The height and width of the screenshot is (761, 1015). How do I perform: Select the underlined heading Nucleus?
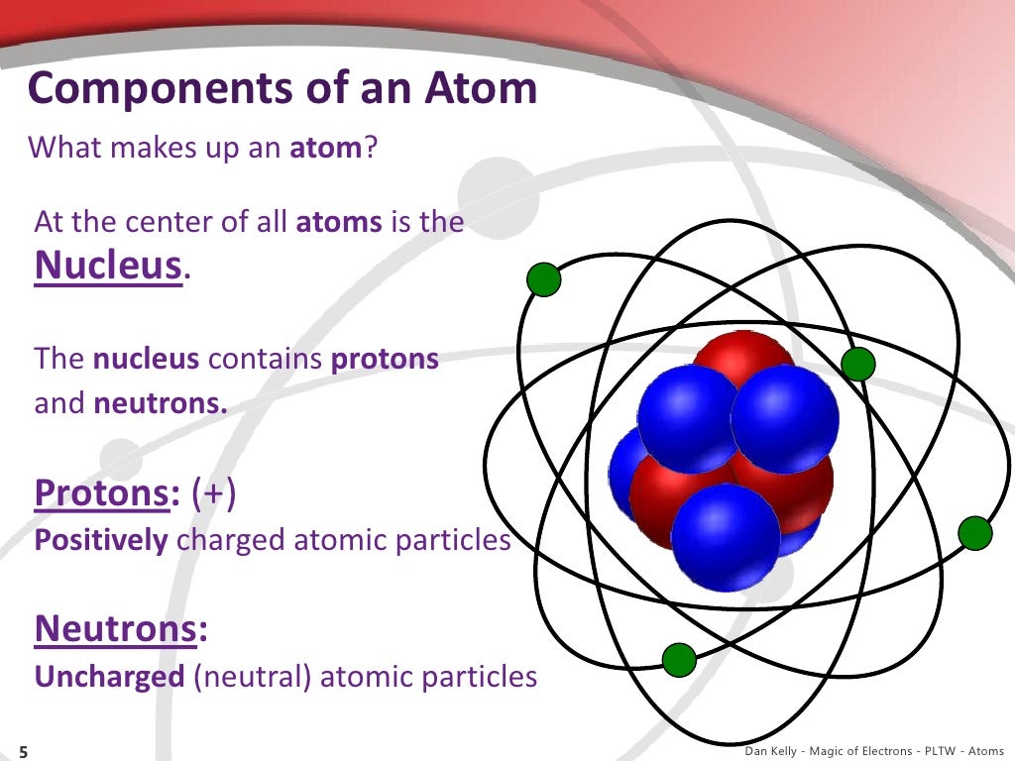tap(109, 265)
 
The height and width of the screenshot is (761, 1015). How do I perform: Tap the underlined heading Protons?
tap(100, 492)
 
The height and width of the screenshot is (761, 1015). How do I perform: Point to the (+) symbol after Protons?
tap(214, 492)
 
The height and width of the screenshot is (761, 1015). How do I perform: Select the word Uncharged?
tap(109, 677)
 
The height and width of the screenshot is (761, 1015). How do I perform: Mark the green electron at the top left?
tap(543, 280)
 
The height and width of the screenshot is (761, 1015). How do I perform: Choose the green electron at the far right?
tap(974, 533)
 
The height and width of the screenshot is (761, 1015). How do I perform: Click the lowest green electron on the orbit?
tap(679, 659)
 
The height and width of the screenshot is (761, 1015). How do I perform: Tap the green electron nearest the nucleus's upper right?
tap(858, 365)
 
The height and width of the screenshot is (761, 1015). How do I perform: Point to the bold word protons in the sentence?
tap(385, 359)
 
